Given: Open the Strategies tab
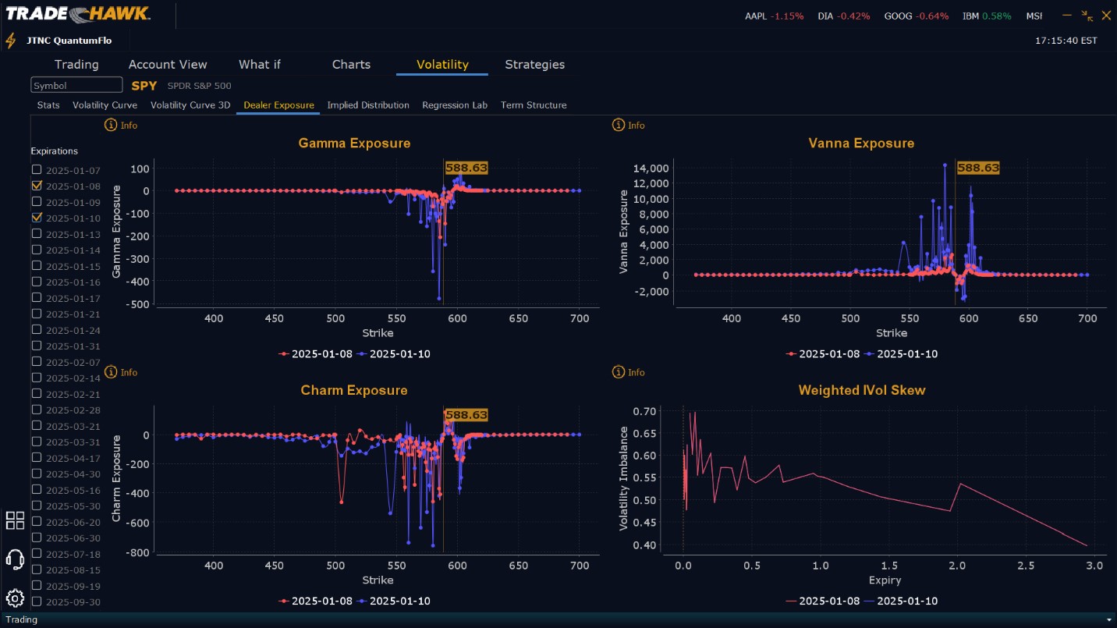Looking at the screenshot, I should pyautogui.click(x=534, y=65).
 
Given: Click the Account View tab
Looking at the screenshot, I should pyautogui.click(x=168, y=65).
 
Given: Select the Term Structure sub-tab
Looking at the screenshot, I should pyautogui.click(x=534, y=105).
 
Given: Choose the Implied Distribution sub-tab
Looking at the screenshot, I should pyautogui.click(x=368, y=105).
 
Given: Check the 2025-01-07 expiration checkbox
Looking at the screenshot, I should pyautogui.click(x=37, y=170).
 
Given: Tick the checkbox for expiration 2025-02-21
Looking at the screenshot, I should pyautogui.click(x=37, y=394).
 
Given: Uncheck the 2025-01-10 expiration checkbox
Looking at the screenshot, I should pyautogui.click(x=37, y=218).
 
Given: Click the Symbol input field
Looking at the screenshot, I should pyautogui.click(x=76, y=85).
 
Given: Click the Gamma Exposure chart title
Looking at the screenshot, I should pyautogui.click(x=354, y=144).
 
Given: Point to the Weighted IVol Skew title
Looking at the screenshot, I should pyautogui.click(x=862, y=390).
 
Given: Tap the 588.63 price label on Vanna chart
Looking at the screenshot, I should pyautogui.click(x=978, y=168).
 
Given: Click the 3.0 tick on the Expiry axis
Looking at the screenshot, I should pyautogui.click(x=1094, y=566).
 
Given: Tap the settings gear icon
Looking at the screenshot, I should pyautogui.click(x=15, y=598).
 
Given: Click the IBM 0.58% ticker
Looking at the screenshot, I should pyautogui.click(x=987, y=16).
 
